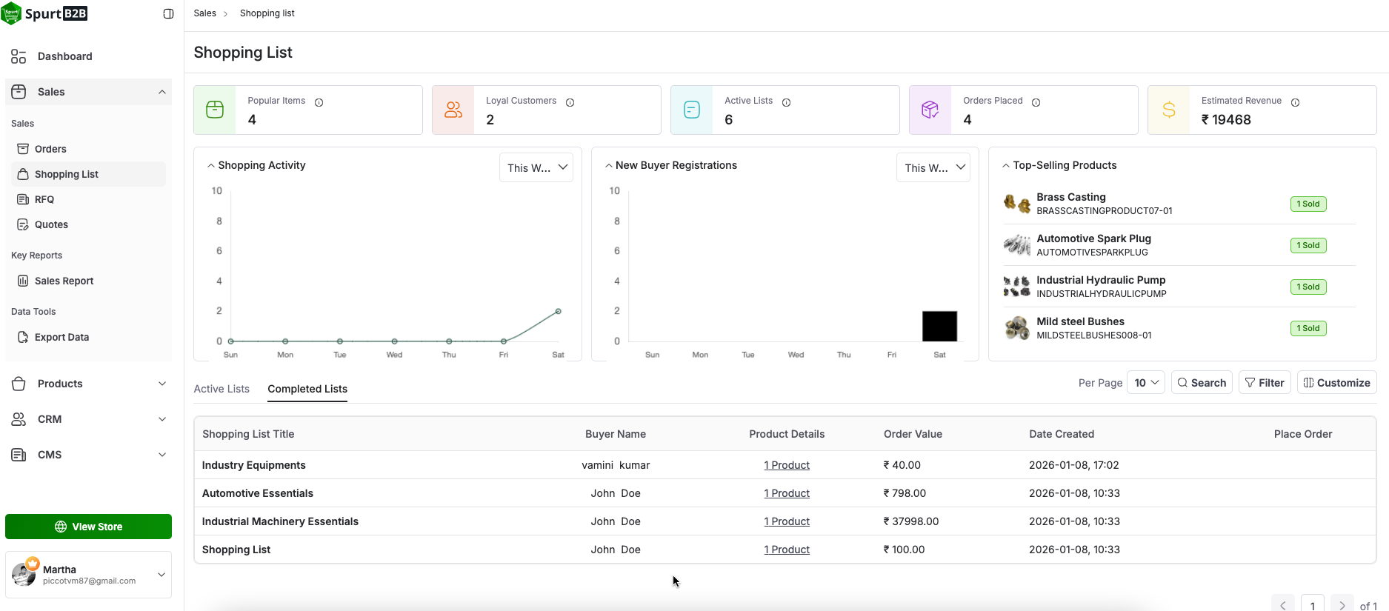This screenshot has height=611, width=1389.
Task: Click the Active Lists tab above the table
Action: click(221, 389)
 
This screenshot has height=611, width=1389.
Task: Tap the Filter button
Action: click(1265, 383)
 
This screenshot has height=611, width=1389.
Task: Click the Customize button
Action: click(1336, 383)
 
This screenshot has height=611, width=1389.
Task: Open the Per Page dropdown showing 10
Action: click(1146, 383)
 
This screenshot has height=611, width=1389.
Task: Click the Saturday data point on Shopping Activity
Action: click(559, 311)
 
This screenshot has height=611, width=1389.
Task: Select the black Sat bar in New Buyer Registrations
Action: click(939, 326)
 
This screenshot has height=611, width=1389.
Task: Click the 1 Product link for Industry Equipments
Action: click(787, 465)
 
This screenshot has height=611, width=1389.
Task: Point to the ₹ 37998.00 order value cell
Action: click(911, 521)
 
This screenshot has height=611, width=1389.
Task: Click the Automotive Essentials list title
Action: click(258, 493)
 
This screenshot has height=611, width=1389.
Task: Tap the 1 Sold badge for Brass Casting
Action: click(1308, 204)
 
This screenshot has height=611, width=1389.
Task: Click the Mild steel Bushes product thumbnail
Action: click(1017, 327)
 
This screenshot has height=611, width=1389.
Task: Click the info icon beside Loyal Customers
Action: click(570, 102)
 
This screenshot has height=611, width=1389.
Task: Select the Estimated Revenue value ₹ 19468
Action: click(1226, 120)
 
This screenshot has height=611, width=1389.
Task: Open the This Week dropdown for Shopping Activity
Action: click(536, 167)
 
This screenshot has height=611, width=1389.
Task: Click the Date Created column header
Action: click(1062, 434)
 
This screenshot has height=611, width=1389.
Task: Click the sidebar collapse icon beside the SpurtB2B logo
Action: click(169, 14)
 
